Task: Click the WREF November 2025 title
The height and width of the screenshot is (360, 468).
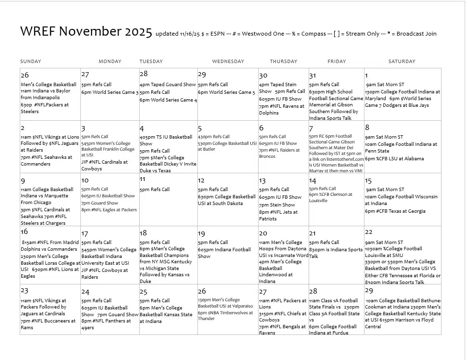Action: point(86,32)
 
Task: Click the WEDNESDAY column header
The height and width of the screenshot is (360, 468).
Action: point(228,62)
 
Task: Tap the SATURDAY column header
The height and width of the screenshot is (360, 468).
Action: point(402,62)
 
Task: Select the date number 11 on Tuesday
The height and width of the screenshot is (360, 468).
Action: point(143,180)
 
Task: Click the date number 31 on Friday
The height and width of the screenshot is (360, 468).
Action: point(313,76)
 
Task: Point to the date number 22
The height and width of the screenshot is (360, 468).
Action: point(369,232)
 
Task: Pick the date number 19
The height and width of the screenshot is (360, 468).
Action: point(201,234)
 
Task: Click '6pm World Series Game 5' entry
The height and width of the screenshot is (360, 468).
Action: point(226,92)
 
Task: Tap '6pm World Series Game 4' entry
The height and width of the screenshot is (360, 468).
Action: point(168,100)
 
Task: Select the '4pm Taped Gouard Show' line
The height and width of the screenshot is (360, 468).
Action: point(168,85)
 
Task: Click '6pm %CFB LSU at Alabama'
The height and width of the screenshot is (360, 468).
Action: point(394,159)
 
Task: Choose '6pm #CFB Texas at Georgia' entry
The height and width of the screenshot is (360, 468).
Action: point(395,211)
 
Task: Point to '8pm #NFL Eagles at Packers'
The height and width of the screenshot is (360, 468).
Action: point(109,210)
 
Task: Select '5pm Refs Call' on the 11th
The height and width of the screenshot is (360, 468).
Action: point(155,190)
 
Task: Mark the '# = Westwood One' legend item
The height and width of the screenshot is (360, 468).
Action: point(256,34)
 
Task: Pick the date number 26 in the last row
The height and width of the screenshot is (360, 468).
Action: point(202,292)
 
